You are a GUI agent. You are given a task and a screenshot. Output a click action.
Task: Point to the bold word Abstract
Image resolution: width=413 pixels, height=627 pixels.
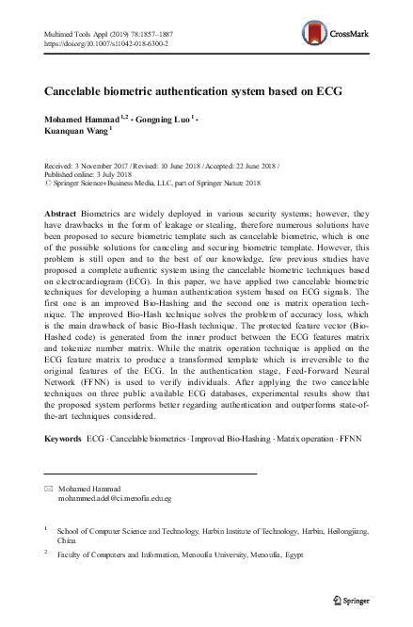[x=62, y=215]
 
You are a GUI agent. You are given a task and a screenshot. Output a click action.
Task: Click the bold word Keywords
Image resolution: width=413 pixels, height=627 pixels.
[x=64, y=439]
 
